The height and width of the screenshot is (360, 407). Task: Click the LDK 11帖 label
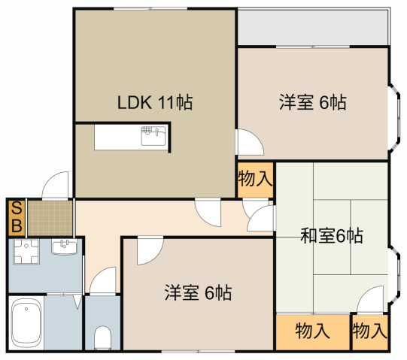tap(154, 102)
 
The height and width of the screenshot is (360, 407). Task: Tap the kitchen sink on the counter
tap(153, 136)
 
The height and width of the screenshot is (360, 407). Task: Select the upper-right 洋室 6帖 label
tap(313, 102)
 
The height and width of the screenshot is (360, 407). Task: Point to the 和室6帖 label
tap(332, 237)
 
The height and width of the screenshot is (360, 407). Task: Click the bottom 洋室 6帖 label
tap(198, 292)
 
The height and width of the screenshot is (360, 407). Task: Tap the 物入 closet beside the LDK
tap(254, 179)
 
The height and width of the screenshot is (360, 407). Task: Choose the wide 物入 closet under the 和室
tap(311, 330)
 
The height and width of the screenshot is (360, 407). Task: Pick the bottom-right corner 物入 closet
tap(369, 330)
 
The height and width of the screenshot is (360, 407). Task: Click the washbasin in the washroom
tap(64, 247)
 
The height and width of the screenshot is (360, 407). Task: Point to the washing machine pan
tap(27, 253)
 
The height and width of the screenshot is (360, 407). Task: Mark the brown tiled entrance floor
tap(50, 216)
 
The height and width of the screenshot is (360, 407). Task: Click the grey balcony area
tap(311, 29)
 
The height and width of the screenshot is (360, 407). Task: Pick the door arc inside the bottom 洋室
tap(150, 251)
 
